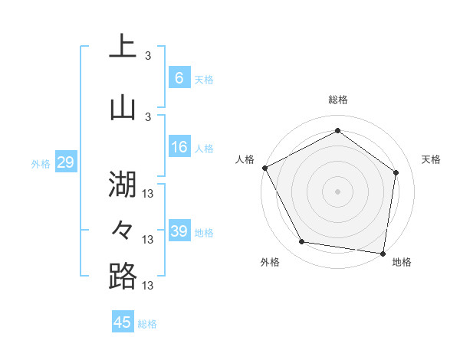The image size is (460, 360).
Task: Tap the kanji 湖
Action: point(122,184)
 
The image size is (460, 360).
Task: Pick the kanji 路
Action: point(122,276)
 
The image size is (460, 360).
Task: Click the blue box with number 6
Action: point(179,78)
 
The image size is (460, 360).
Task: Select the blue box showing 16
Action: point(179,148)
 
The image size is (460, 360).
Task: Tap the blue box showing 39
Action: point(179,231)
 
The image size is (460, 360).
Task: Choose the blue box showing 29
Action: point(65,162)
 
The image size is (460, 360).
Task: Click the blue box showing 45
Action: point(123,322)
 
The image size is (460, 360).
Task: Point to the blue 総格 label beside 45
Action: point(147,324)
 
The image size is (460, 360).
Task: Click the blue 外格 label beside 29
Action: point(41,163)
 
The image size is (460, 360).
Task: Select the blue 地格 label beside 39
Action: point(204,233)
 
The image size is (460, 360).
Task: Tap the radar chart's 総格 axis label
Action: point(338,100)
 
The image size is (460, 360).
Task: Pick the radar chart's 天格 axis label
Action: point(431,159)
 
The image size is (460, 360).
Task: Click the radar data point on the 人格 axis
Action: point(264,168)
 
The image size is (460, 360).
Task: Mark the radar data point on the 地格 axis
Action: point(383,253)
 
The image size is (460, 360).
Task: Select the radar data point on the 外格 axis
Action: point(302,242)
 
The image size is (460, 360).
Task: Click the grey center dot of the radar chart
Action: point(338,191)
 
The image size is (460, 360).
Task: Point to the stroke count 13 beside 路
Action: point(149,286)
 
